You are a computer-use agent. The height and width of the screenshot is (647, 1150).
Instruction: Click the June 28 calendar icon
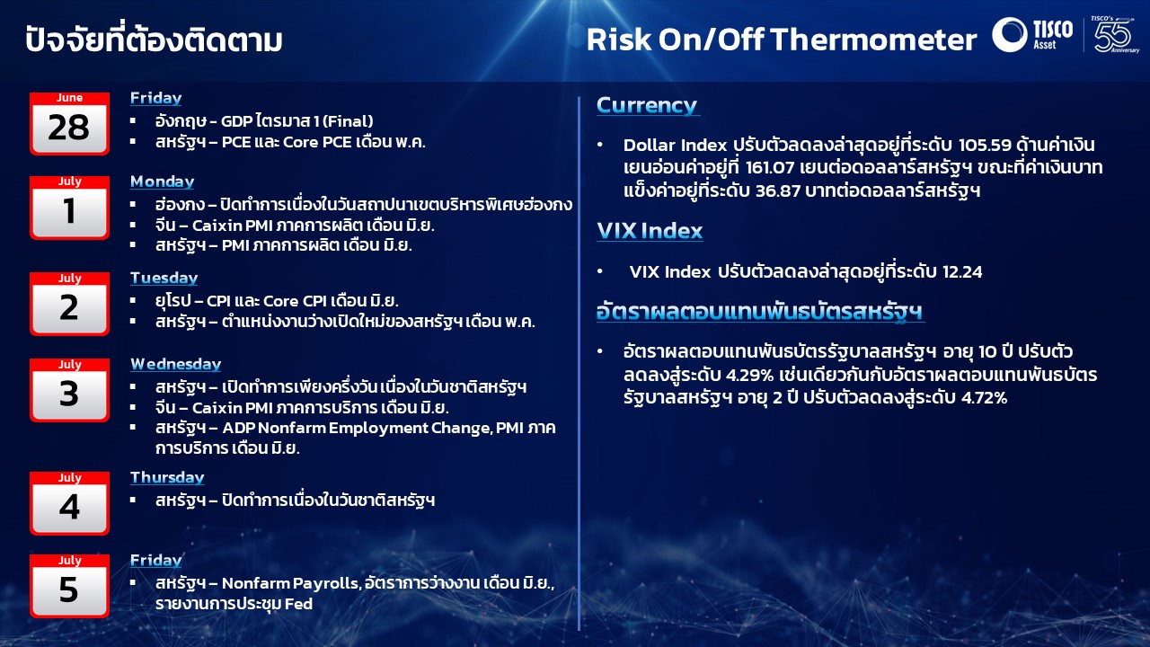point(69,123)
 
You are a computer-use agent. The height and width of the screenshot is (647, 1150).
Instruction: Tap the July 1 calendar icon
point(69,208)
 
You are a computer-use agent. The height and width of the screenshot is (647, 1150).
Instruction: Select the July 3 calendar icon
point(69,390)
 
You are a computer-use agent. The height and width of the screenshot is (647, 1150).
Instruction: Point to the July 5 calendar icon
point(69,586)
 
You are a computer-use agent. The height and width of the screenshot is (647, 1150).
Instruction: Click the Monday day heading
point(163,182)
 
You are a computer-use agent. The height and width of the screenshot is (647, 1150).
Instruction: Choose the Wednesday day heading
point(175,364)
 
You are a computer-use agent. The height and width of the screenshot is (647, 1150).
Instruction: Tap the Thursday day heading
point(167,477)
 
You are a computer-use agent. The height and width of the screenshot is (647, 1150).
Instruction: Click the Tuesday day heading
point(164,279)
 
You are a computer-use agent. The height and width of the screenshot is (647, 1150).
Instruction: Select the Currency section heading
point(647,105)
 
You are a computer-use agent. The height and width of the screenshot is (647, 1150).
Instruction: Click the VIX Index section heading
point(650,231)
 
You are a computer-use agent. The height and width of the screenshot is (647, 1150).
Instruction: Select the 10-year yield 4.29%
point(749,376)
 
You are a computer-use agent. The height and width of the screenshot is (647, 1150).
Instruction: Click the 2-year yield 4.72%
point(984,398)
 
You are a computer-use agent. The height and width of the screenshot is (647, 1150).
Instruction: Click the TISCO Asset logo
point(1032,34)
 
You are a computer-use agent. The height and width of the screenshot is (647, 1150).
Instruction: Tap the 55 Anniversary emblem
point(1114,34)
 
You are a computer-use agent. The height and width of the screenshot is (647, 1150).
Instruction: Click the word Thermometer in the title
point(873,40)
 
